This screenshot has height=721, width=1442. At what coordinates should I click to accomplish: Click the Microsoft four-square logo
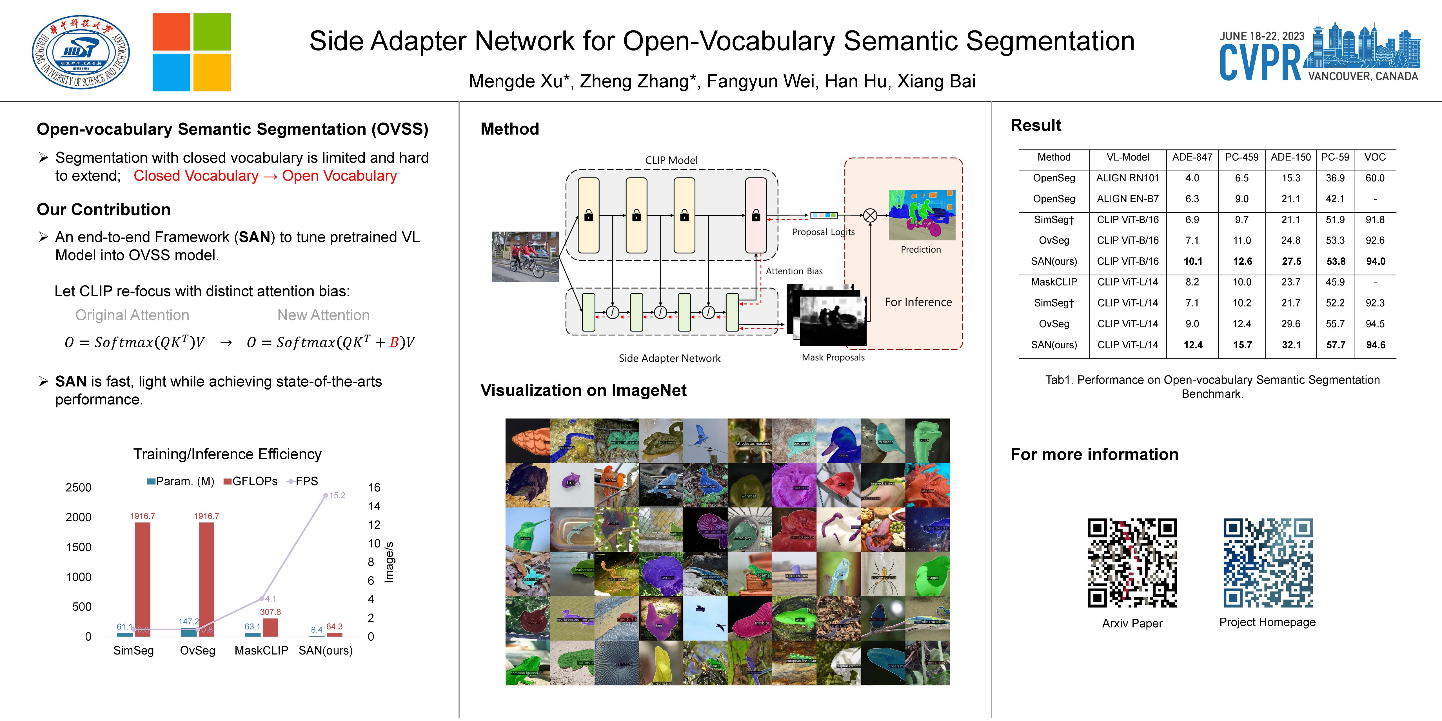point(192,52)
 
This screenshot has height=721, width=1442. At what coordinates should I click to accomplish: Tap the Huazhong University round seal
point(81,52)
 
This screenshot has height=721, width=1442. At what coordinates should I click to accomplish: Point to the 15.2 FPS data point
point(326,495)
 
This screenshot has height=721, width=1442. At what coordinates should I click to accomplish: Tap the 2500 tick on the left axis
point(78,488)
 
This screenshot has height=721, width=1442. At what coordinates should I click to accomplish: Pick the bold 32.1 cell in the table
point(1291,345)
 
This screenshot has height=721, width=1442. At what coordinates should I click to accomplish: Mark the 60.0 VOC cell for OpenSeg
point(1374,178)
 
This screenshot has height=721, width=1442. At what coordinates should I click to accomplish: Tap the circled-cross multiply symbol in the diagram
point(870,215)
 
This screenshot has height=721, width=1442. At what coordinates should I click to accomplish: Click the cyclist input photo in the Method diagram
point(525,256)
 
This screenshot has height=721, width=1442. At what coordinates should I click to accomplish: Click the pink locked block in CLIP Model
point(756,215)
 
